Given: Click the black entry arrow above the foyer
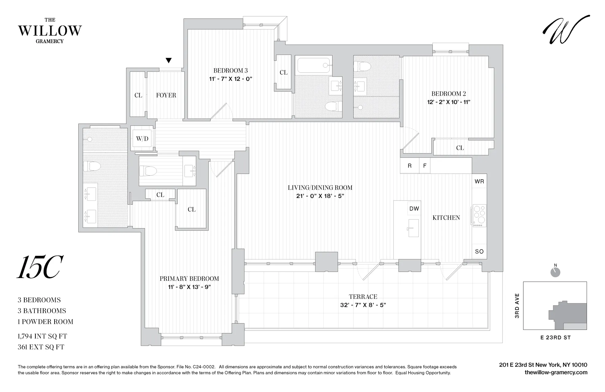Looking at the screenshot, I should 168,60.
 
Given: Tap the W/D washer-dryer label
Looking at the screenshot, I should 142,139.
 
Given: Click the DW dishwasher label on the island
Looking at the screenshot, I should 414,208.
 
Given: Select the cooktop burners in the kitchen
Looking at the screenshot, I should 479,214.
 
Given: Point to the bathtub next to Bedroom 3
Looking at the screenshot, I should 314,65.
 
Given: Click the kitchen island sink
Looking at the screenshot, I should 413,228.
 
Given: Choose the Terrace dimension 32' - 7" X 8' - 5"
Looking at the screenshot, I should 363,305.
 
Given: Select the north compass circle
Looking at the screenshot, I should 555,272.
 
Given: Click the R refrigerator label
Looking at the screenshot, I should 409,166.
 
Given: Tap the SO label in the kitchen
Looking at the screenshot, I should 479,251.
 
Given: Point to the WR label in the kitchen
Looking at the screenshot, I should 479,181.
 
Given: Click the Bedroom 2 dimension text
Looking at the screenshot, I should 448,102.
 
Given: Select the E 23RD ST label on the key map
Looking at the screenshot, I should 555,338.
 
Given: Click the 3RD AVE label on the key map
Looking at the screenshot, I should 517,306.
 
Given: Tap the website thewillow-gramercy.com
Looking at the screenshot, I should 556,372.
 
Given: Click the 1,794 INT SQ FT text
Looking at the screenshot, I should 42,336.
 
